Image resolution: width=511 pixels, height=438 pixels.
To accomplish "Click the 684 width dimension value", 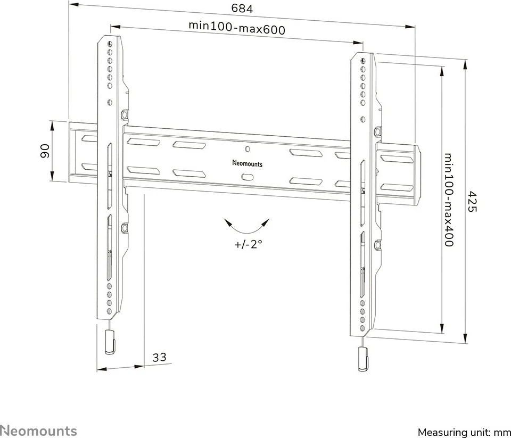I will point(242,9).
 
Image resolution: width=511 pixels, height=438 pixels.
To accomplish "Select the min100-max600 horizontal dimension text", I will point(236,28).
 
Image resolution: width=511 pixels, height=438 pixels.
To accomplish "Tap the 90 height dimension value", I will point(45,151).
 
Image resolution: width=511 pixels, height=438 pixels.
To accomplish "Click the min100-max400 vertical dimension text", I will point(449,200).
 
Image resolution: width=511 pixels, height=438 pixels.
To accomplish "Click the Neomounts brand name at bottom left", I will point(38,431).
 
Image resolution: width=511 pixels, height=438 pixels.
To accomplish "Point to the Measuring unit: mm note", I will point(464,432).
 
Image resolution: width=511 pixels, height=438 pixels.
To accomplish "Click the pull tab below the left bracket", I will point(111,342).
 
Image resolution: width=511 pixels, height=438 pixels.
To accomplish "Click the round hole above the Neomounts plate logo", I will point(248,149).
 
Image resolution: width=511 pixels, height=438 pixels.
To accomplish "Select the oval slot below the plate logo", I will point(248,177).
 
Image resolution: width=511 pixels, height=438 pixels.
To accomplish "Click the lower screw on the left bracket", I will point(125,228).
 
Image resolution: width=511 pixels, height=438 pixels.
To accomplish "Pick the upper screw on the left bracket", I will point(125,114).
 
